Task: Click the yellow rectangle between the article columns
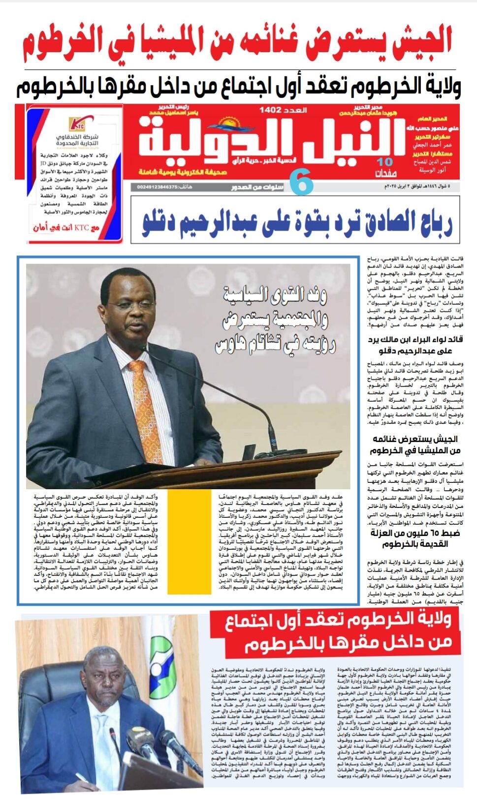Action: (x=190, y=541)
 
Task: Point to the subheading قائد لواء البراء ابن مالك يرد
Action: (x=415, y=339)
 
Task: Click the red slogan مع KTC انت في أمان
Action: (x=66, y=228)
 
